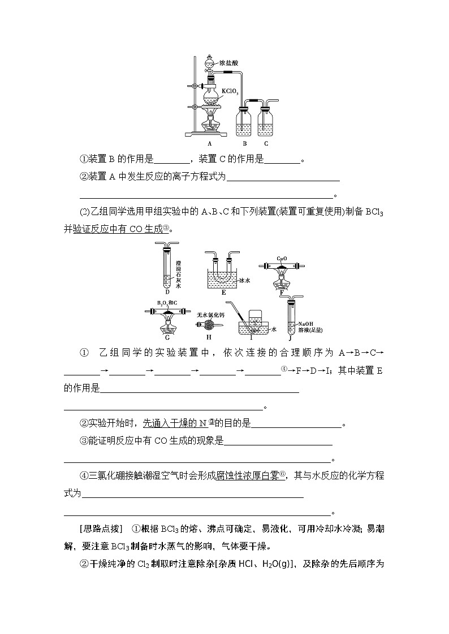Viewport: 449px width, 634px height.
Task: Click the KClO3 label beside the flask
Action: tap(230, 90)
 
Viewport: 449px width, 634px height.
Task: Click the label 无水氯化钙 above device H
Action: tap(210, 314)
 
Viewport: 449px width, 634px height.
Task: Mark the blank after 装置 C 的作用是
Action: tap(282, 160)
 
